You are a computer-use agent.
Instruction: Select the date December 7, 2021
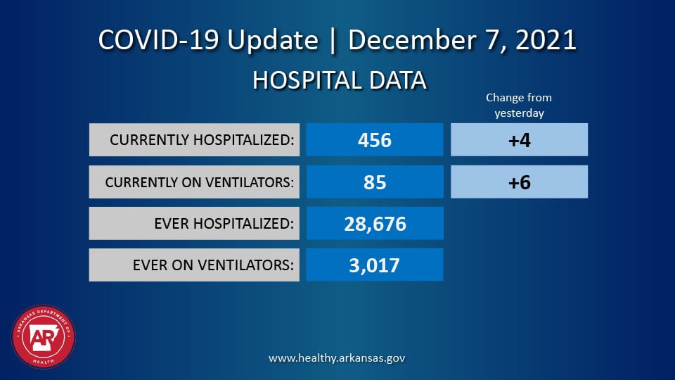[x=462, y=40]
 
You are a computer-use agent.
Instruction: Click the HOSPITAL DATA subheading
[x=339, y=81]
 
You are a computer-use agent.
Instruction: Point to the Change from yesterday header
[x=519, y=106]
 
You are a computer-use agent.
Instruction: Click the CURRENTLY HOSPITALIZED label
[x=202, y=140]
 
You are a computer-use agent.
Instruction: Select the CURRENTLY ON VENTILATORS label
[x=199, y=182]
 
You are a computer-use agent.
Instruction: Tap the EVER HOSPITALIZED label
[x=224, y=224]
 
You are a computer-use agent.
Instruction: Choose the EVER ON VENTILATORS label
[x=214, y=265]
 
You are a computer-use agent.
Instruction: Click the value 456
[x=374, y=140]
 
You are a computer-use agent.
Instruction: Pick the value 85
[x=375, y=182]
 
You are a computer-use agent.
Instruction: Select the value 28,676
[x=375, y=224]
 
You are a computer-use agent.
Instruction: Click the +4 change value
[x=519, y=140]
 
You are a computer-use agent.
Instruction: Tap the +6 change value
[x=519, y=182]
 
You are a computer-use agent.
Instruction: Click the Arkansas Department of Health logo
[x=44, y=336]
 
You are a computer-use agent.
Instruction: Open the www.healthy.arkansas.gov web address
[x=337, y=358]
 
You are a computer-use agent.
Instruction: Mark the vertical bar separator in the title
[x=333, y=40]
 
